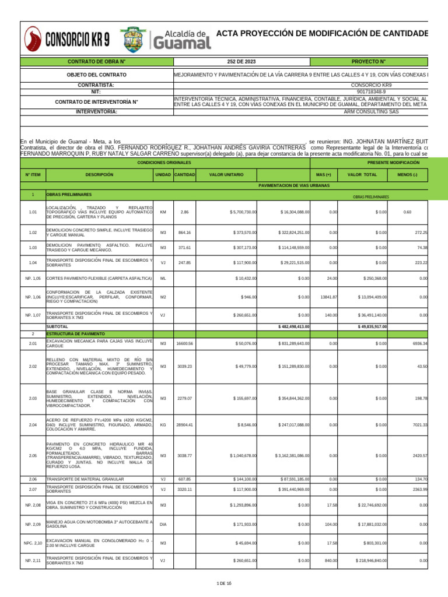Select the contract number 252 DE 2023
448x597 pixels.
[241, 61]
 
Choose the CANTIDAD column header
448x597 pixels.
[184, 174]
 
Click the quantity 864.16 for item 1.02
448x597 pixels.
[184, 233]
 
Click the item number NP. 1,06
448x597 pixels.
[33, 297]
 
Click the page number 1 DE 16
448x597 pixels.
[224, 584]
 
